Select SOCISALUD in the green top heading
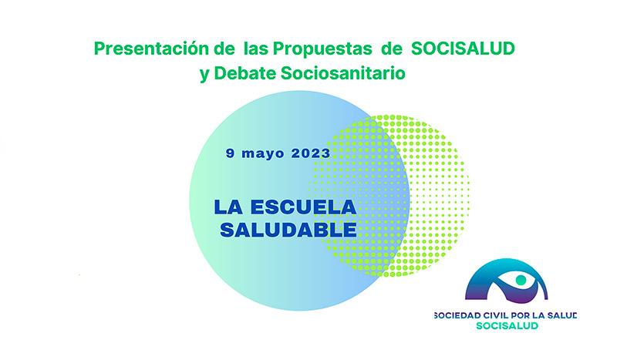[x=463, y=49]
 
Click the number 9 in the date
[x=230, y=153]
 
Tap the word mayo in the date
[x=263, y=153]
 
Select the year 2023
[x=311, y=153]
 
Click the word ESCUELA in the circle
[x=303, y=207]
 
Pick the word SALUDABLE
[x=288, y=230]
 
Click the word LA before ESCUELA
[x=228, y=207]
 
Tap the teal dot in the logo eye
[x=521, y=280]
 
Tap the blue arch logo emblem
[x=506, y=280]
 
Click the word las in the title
[x=256, y=49]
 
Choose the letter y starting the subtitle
[x=204, y=75]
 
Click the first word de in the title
[x=224, y=49]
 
